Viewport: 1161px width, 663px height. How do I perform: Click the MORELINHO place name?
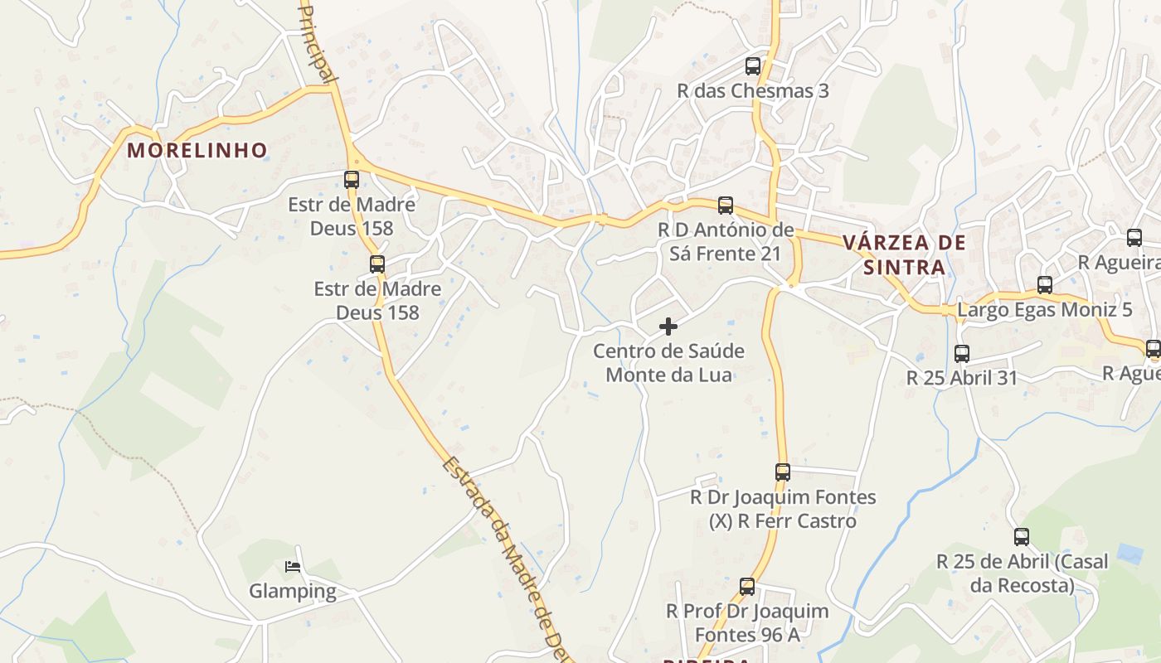[x=197, y=150]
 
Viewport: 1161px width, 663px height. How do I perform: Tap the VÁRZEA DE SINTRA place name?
[x=904, y=254]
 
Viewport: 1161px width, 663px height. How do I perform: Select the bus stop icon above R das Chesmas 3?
[x=752, y=66]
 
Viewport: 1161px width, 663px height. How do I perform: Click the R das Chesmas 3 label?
[x=753, y=90]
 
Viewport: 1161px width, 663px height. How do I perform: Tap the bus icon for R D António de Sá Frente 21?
[x=726, y=206]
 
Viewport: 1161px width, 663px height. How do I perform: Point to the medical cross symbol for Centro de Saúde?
[x=668, y=327]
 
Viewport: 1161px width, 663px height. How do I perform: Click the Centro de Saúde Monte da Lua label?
[x=668, y=363]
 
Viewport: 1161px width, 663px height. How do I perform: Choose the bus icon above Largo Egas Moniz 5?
[x=1045, y=285]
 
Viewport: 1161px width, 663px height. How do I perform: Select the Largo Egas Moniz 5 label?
[x=1045, y=310]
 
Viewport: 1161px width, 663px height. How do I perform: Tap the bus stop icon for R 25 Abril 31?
[x=962, y=354]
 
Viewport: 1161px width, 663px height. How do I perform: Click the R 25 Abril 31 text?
[x=962, y=378]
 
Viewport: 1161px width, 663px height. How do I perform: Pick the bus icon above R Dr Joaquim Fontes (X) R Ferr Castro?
[x=783, y=472]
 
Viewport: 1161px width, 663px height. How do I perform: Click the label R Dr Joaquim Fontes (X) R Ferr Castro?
[x=783, y=509]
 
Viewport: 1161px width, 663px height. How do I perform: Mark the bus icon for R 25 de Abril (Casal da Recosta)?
[x=1022, y=537]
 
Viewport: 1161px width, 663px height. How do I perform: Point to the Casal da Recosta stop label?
[x=1022, y=573]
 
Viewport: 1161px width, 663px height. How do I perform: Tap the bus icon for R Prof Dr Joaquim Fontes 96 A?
[x=747, y=587]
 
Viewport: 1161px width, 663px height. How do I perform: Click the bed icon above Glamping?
[x=293, y=567]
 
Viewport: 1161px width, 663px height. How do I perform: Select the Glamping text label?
[x=293, y=591]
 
